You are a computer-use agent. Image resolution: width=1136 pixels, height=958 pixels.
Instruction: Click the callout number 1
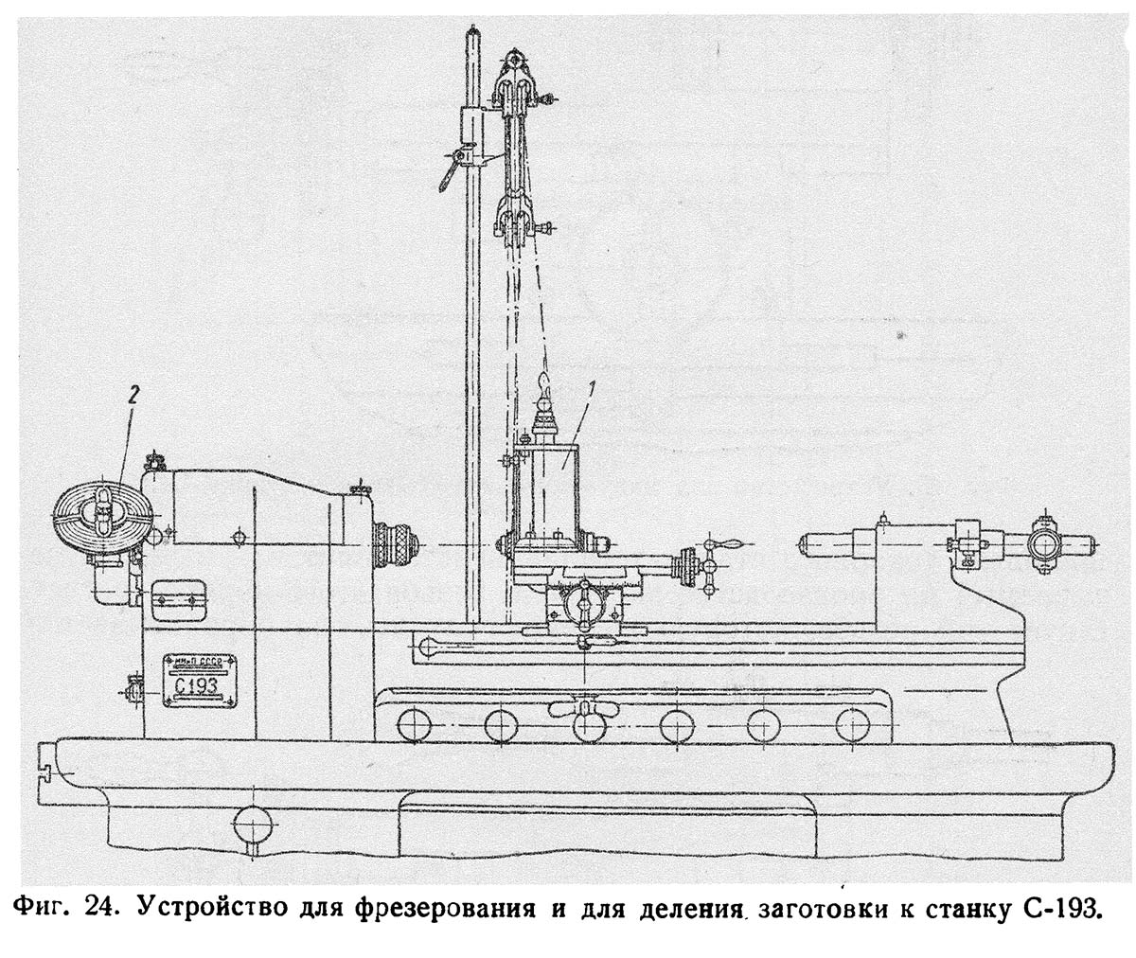(x=590, y=386)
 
